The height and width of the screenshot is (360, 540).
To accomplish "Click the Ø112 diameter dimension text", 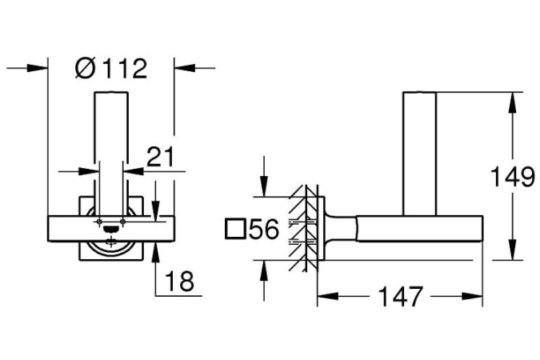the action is [x=111, y=68].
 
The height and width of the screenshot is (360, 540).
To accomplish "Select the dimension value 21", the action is [x=161, y=157].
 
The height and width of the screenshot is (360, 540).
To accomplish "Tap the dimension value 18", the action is [x=179, y=281].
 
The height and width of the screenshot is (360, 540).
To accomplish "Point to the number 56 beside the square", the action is [x=263, y=229].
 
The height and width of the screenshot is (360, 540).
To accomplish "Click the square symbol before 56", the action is [x=235, y=229].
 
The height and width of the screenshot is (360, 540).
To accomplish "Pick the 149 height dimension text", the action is [x=512, y=177].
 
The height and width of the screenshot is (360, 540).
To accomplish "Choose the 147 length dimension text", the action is [x=401, y=296].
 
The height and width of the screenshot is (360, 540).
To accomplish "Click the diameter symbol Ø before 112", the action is [x=85, y=68].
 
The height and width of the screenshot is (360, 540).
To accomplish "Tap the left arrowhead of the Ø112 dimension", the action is [x=37, y=68].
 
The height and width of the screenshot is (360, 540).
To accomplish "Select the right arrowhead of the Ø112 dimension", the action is [x=185, y=68].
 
